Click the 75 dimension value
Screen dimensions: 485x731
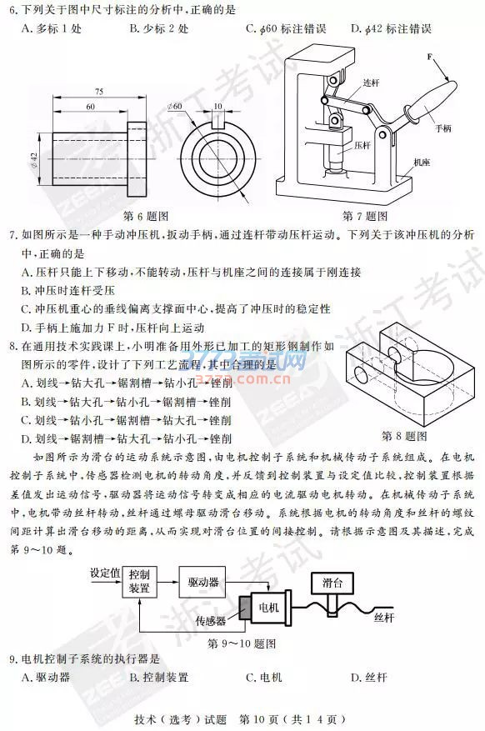[x=99, y=92]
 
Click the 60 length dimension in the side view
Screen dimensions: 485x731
[x=90, y=107]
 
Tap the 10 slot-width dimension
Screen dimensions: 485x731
[x=218, y=107]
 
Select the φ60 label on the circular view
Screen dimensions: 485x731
[x=175, y=107]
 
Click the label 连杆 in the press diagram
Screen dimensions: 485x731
[x=372, y=83]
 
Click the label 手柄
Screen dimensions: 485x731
[x=443, y=128]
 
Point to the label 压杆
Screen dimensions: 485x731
[x=362, y=146]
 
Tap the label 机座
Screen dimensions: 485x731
[x=422, y=163]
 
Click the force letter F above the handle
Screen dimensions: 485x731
[x=429, y=57]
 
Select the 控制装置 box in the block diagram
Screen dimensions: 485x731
[x=139, y=581]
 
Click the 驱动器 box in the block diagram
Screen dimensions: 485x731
[x=202, y=582]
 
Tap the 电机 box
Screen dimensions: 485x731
[x=269, y=608]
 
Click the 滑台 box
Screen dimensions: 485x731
[x=332, y=583]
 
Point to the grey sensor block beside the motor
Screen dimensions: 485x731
[x=244, y=608]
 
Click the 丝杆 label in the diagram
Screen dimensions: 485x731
[x=384, y=618]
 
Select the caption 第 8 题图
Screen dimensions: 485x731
[x=404, y=437]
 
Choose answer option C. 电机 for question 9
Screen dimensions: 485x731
[x=264, y=677]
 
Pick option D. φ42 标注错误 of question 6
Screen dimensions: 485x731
[x=392, y=29]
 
